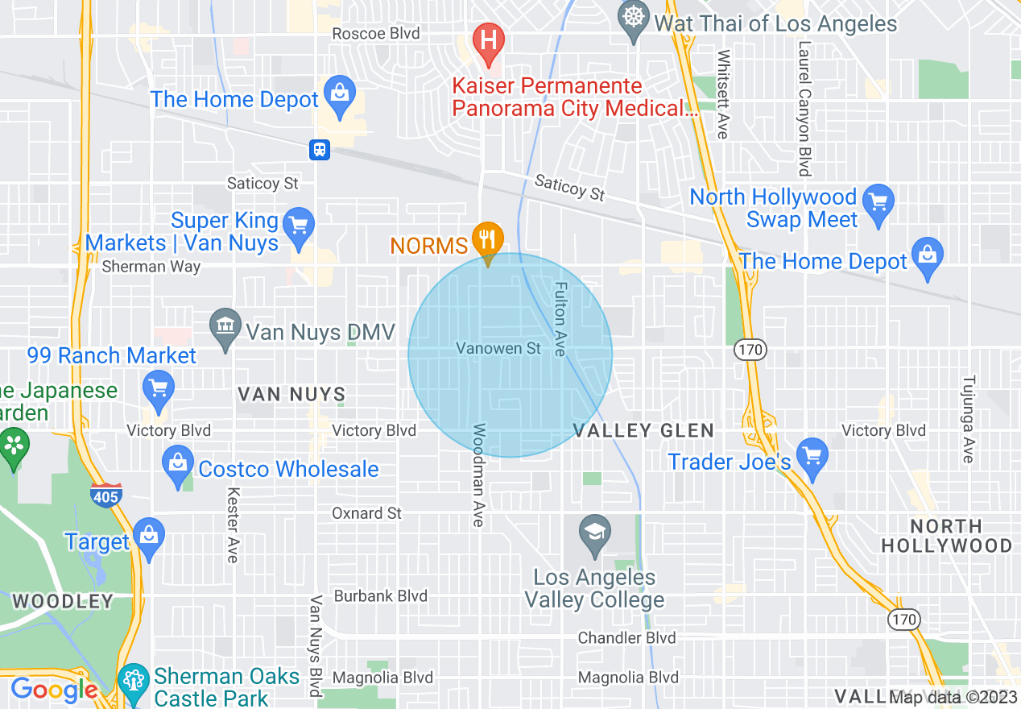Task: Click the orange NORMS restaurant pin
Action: (487, 239)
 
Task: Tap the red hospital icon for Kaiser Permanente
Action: (488, 38)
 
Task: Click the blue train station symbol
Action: (320, 149)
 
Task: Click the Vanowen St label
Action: (499, 349)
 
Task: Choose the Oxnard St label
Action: (367, 513)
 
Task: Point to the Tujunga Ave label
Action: (969, 419)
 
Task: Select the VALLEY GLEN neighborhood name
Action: (643, 430)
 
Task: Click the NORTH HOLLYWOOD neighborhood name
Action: (947, 536)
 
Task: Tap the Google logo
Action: (54, 690)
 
